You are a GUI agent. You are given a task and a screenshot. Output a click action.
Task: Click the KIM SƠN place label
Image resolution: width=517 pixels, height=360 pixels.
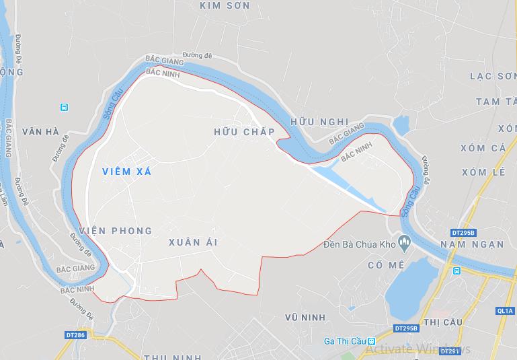point(225,5)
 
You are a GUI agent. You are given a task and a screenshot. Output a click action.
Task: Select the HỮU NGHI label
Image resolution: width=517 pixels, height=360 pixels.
point(320,122)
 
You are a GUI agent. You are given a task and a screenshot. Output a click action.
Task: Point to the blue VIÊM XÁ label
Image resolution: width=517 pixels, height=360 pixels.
point(127,172)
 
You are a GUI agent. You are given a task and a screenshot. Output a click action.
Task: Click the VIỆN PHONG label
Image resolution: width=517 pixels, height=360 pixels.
point(116,231)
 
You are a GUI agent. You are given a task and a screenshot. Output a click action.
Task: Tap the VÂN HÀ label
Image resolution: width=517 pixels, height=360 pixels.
point(40,131)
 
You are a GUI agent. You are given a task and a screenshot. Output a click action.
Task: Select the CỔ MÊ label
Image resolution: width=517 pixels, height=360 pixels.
point(386,265)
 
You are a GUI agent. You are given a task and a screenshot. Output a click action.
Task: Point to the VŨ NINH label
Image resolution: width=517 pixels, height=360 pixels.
point(305,317)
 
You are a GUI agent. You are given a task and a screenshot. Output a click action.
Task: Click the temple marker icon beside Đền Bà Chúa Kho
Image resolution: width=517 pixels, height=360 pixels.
point(404,241)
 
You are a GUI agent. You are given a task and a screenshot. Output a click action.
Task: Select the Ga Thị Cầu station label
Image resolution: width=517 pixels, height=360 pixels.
point(342,340)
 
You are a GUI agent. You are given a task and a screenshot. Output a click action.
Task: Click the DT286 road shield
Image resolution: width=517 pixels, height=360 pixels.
point(76,334)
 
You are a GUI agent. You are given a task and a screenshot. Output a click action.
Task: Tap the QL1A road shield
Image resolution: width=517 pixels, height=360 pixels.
point(504,311)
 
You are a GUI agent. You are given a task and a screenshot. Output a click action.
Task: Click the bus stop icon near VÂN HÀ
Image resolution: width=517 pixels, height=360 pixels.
point(64,107)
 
